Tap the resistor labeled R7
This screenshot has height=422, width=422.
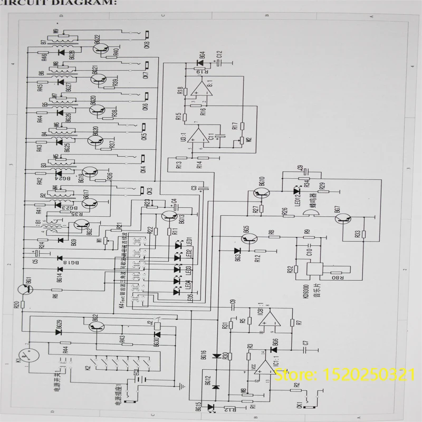299,322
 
